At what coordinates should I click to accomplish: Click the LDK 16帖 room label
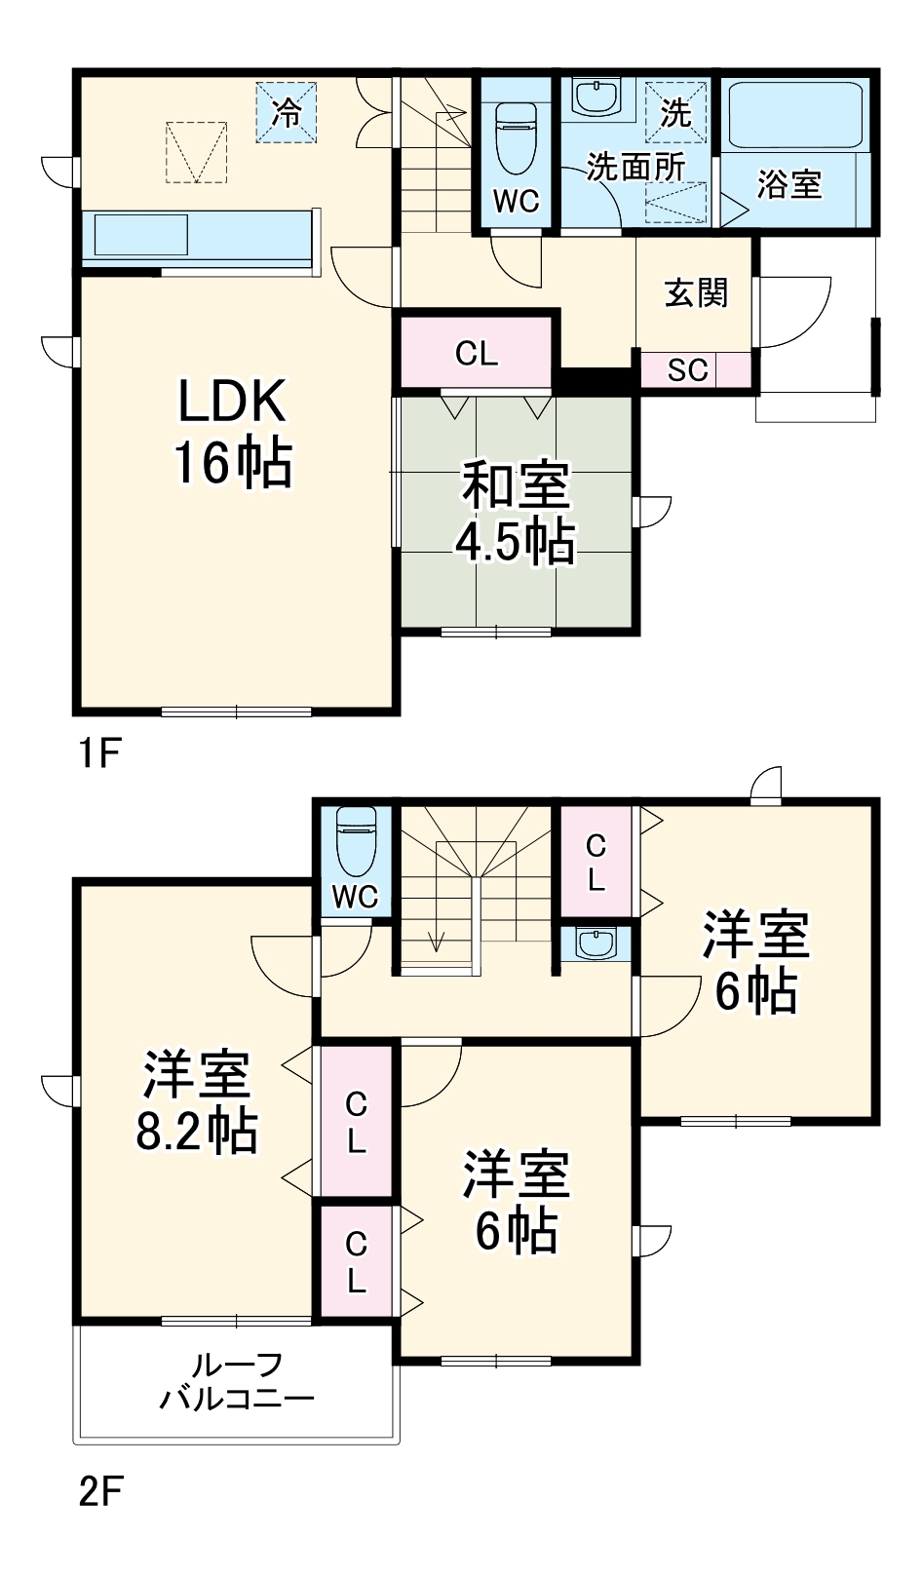click(232, 431)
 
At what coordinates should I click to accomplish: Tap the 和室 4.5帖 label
click(516, 514)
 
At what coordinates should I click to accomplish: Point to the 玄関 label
click(696, 292)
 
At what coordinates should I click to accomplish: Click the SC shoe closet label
click(687, 370)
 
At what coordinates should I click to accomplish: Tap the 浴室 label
click(789, 184)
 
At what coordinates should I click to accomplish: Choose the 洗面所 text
click(635, 167)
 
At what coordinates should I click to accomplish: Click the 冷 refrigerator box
click(287, 112)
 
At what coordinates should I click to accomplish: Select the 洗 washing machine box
click(675, 112)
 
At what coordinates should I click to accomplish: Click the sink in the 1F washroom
click(596, 96)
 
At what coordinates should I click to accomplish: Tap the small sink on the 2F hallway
click(595, 943)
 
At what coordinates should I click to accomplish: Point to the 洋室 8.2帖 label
click(197, 1102)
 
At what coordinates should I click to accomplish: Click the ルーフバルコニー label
click(237, 1381)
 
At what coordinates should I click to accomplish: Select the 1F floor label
click(98, 752)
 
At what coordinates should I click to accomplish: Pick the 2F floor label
click(100, 1492)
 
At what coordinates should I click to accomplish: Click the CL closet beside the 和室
click(477, 353)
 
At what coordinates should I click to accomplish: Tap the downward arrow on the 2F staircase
click(436, 941)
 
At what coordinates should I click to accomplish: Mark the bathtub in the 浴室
click(796, 115)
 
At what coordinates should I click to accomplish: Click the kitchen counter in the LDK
click(199, 239)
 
